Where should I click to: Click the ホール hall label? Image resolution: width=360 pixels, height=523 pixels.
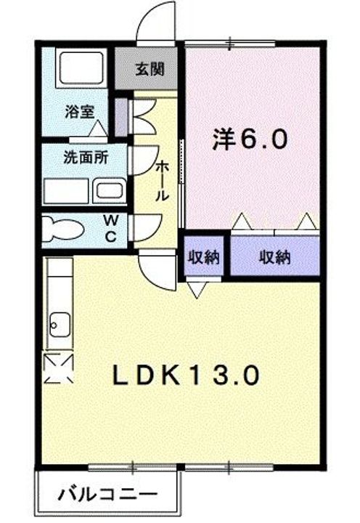(x=163, y=182)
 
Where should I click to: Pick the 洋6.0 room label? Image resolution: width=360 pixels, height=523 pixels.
(x=250, y=138)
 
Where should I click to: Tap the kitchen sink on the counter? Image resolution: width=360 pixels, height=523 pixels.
(x=58, y=322)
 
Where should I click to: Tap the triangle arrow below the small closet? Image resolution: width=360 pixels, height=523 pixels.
(x=197, y=289)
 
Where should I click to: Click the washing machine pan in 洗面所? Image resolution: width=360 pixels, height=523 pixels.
(x=67, y=192)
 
